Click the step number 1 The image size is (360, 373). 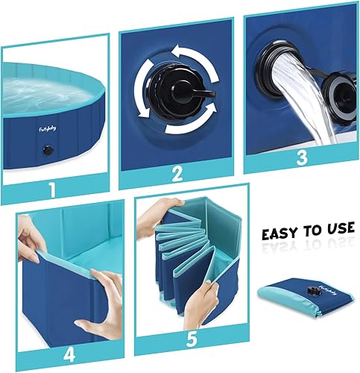pyautogui.click(x=52, y=189)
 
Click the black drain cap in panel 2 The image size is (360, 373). pyautogui.click(x=177, y=93)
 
